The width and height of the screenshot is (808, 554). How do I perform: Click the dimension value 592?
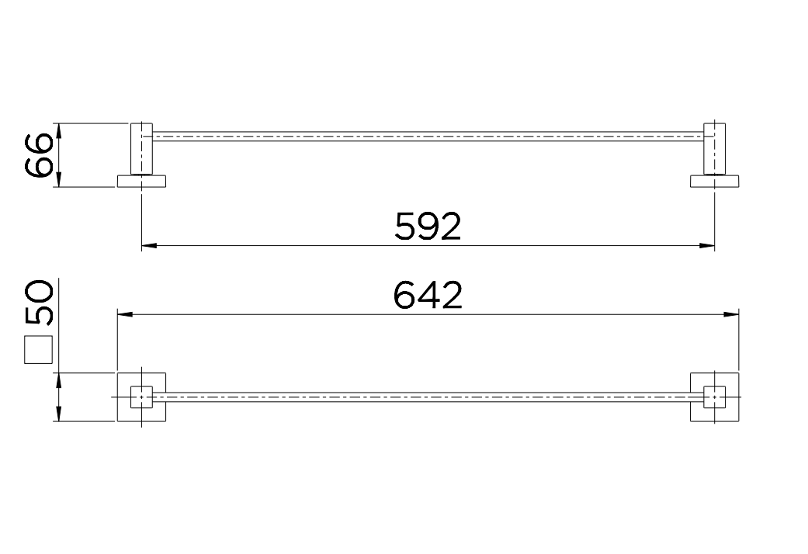[428, 227]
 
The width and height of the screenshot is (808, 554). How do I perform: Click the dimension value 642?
[428, 295]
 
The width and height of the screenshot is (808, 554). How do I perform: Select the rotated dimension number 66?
[39, 155]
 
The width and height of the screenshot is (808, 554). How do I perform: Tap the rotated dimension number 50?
[39, 303]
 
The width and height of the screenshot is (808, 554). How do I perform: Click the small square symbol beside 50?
[39, 349]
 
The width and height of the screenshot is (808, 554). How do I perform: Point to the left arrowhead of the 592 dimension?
[149, 246]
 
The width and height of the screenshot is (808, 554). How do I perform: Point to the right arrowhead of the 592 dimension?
[707, 246]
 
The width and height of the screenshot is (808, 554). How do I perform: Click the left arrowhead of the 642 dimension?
[125, 313]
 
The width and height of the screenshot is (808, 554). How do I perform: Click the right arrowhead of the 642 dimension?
[731, 313]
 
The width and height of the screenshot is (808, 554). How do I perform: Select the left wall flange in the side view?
[142, 181]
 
